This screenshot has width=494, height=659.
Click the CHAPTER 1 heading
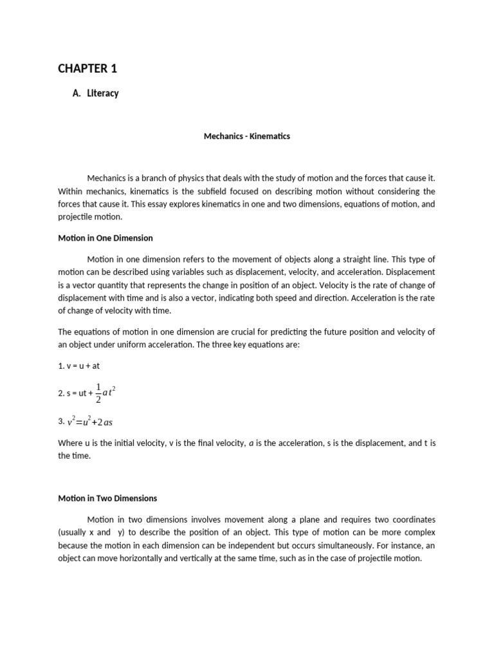pos(87,68)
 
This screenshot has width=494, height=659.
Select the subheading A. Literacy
pos(96,93)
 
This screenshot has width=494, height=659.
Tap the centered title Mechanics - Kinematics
pos(247,136)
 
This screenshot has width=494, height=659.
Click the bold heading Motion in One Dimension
pos(105,238)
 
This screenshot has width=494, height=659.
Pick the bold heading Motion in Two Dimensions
pos(107,498)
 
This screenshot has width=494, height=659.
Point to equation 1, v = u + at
pos(79,366)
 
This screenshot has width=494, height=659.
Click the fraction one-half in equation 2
pos(98,393)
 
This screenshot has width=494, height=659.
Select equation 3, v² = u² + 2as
pos(90,422)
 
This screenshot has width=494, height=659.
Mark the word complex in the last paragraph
pos(420,532)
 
